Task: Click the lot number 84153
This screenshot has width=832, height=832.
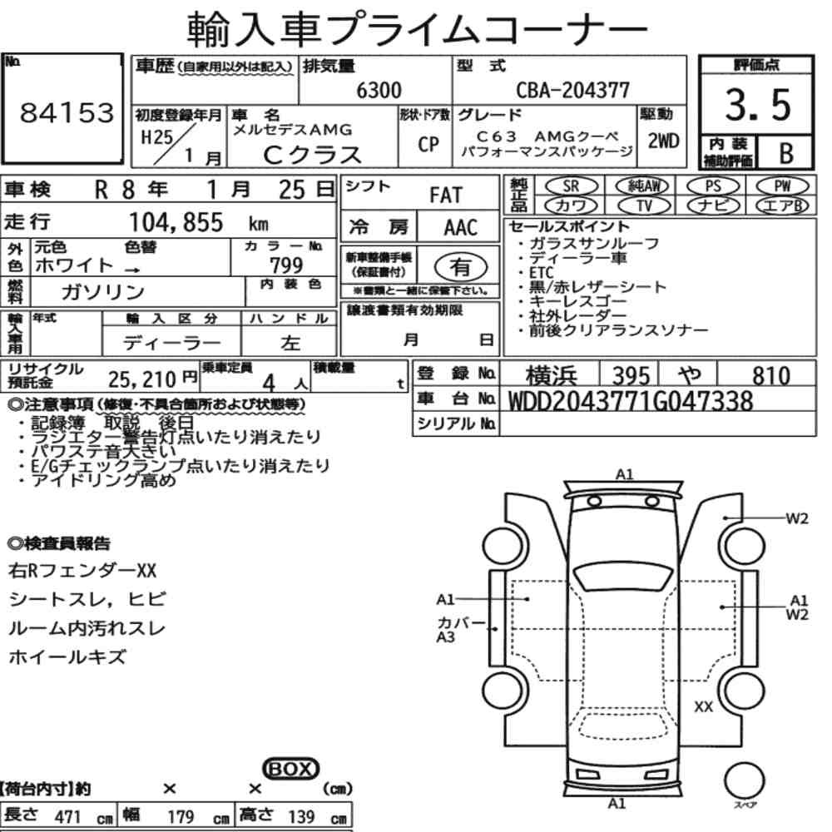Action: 67,112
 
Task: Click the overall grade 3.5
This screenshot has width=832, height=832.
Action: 758,105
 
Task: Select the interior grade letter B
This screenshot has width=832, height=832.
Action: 786,153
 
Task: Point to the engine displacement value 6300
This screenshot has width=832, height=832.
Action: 379,90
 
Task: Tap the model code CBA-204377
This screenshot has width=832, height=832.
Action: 573,90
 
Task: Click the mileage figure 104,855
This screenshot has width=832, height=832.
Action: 176,222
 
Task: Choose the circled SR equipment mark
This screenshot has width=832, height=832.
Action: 571,186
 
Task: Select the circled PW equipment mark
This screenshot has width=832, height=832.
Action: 782,186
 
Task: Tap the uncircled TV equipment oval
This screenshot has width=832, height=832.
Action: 644,206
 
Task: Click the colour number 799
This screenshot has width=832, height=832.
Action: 286,265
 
